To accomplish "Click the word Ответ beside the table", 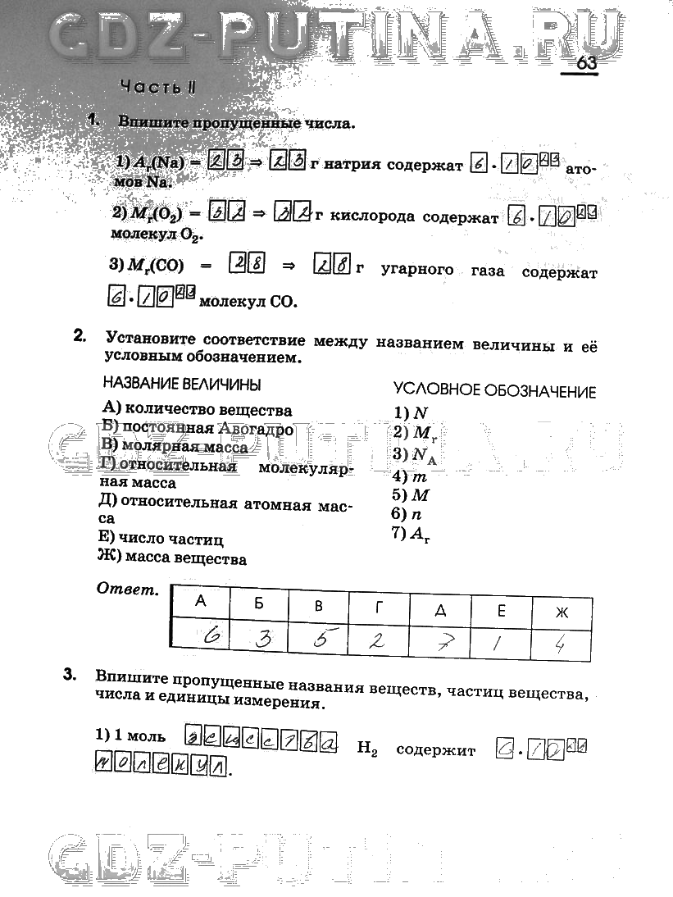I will coord(127,590).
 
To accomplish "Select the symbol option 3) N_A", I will coord(415,455).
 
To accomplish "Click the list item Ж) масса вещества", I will coord(172,559).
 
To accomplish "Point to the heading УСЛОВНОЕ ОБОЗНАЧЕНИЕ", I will coord(494,391).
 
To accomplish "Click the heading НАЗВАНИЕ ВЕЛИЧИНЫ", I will coord(182,384).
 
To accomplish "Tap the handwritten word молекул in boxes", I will coord(159,767).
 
